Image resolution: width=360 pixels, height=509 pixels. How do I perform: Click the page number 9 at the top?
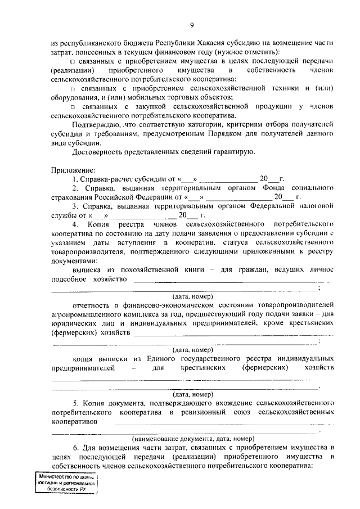pyautogui.click(x=191, y=25)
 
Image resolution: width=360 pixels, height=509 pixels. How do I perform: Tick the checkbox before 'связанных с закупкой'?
pyautogui.click(x=73, y=106)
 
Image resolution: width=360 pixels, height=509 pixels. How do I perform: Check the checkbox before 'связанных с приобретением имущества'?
pyautogui.click(x=73, y=61)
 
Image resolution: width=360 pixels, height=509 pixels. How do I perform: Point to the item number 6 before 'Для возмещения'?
pyautogui.click(x=74, y=448)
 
